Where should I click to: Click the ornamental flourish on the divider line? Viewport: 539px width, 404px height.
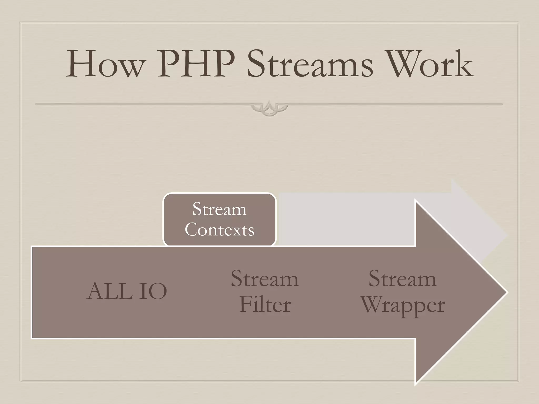point(269,108)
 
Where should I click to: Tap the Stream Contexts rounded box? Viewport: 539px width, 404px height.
point(219,219)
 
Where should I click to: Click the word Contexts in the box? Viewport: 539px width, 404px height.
point(219,230)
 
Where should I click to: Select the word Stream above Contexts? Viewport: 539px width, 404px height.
point(219,209)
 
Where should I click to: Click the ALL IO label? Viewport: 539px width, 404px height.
point(127,291)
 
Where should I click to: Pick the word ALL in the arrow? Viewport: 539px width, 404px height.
point(109,291)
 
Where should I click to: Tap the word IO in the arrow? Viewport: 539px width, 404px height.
point(153,291)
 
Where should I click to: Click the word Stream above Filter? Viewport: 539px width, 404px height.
point(265,279)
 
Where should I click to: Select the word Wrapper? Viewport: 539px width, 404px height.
point(403,306)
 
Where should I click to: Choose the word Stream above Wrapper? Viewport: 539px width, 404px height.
point(402,279)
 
